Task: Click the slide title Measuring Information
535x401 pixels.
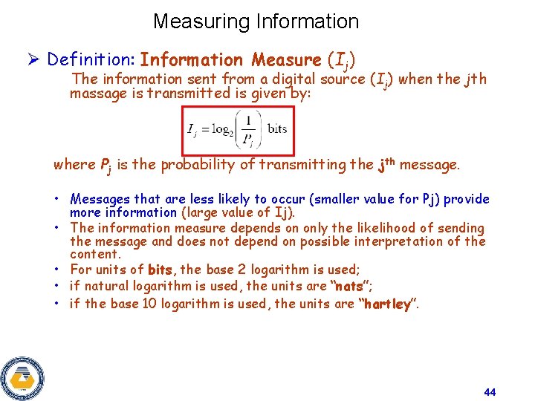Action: coord(256,22)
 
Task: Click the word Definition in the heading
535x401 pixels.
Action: coord(88,59)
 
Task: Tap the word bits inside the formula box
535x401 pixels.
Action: coord(277,128)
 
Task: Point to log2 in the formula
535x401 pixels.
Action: coord(221,129)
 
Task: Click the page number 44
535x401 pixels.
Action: coord(489,391)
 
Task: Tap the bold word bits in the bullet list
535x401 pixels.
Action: coord(160,270)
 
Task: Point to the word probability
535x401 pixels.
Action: coord(197,165)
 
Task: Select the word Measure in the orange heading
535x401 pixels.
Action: coord(286,59)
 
